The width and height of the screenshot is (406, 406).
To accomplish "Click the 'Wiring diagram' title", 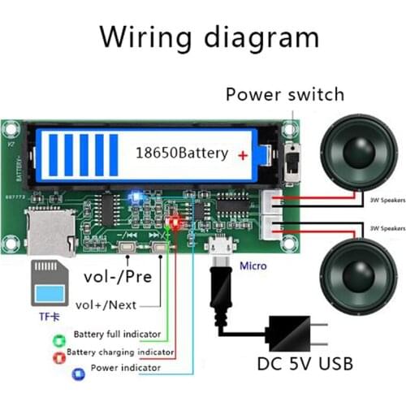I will coord(208,37).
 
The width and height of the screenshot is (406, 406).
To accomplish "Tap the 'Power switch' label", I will coord(284,94).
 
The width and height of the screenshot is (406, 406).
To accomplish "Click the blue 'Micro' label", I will coord(253,266).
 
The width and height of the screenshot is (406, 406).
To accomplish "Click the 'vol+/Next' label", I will coord(106,304).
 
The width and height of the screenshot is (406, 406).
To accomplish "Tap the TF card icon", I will coord(51,285).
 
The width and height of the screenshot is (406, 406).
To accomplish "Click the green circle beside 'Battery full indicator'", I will coord(58,335).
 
